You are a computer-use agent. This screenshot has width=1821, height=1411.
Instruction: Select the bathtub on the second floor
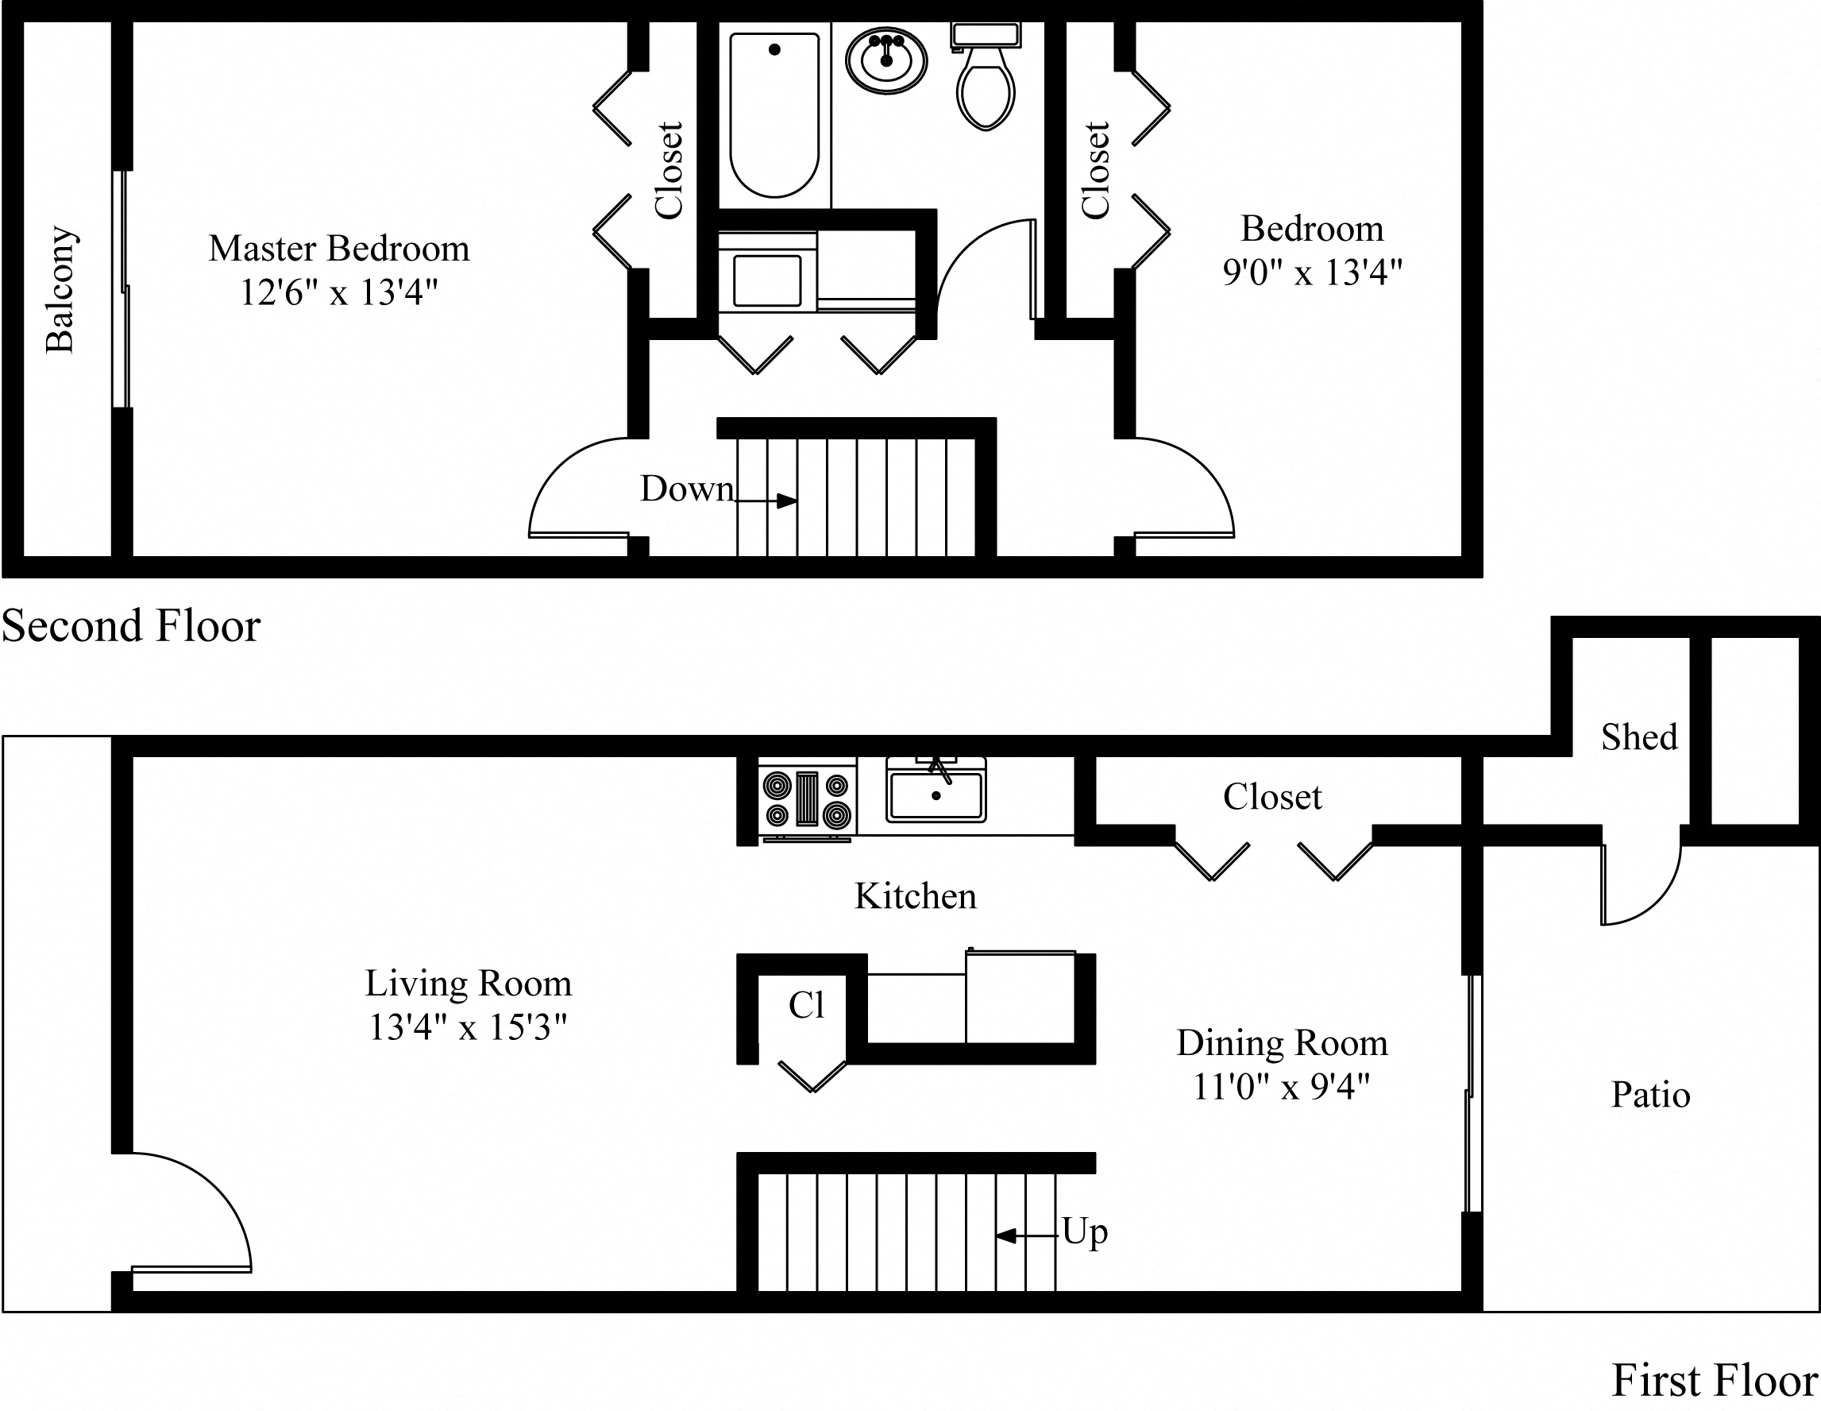(x=774, y=114)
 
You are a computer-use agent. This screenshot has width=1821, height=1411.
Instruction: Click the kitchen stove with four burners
(x=807, y=799)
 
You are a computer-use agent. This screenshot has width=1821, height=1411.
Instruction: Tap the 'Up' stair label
(x=1084, y=1232)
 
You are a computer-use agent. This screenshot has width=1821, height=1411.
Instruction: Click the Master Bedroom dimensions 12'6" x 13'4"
(x=338, y=292)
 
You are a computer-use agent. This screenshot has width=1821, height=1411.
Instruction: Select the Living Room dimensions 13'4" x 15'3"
(x=468, y=1027)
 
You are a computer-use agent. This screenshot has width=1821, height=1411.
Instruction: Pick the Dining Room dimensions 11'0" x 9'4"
(x=1282, y=1087)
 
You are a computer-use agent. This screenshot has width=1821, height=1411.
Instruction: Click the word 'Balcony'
(x=60, y=289)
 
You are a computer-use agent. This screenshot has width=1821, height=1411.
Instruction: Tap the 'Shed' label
(x=1638, y=737)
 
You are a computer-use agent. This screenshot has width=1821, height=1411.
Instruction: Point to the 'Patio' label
(x=1650, y=1095)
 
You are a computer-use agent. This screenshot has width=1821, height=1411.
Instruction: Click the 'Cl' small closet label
(x=806, y=1006)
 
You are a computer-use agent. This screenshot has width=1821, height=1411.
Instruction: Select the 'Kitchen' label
(x=915, y=896)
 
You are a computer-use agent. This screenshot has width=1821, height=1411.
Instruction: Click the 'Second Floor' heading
(x=131, y=625)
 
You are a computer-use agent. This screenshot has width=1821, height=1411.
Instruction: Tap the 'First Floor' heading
(x=1715, y=1380)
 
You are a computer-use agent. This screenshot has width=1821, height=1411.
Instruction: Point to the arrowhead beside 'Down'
(x=786, y=501)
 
